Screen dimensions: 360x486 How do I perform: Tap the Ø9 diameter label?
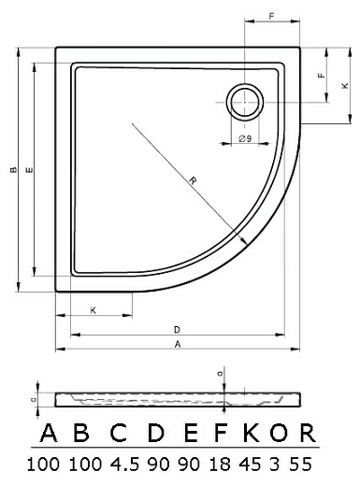click(245, 138)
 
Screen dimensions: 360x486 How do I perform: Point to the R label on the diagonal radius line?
click(193, 180)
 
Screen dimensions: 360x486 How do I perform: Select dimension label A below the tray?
click(178, 344)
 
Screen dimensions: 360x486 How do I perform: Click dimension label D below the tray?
click(177, 330)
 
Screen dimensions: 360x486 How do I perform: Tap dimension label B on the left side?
click(13, 170)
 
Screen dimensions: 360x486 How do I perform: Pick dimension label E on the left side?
click(29, 170)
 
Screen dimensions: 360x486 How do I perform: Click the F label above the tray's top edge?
click(272, 16)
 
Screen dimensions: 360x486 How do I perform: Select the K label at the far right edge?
click(345, 85)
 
